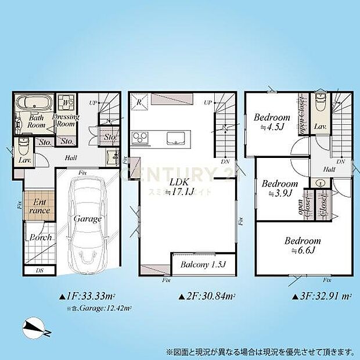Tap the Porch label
tap(41, 237)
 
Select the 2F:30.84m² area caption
tap(207, 296)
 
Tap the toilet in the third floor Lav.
tap(319, 105)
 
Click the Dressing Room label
tap(65, 120)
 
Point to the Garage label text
tap(88, 219)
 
